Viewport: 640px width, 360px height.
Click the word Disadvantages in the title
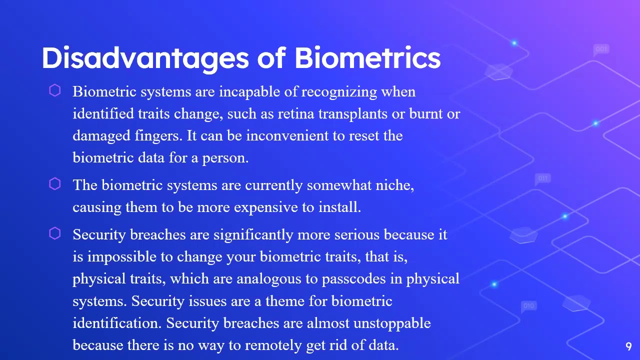point(144,57)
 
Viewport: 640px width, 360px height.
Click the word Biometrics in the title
point(367,57)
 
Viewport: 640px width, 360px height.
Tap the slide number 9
point(628,346)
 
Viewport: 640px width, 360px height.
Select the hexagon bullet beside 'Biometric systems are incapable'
point(55,90)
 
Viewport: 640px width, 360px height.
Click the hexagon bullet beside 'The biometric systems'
point(55,184)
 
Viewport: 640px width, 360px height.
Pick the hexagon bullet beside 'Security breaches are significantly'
point(55,233)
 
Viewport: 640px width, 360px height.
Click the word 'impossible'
point(122,257)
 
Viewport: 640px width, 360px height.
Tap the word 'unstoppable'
point(392,323)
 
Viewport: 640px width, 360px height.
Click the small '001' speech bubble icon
point(601,49)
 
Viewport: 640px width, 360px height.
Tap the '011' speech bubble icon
point(542,178)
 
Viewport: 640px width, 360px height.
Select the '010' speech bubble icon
point(528,305)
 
